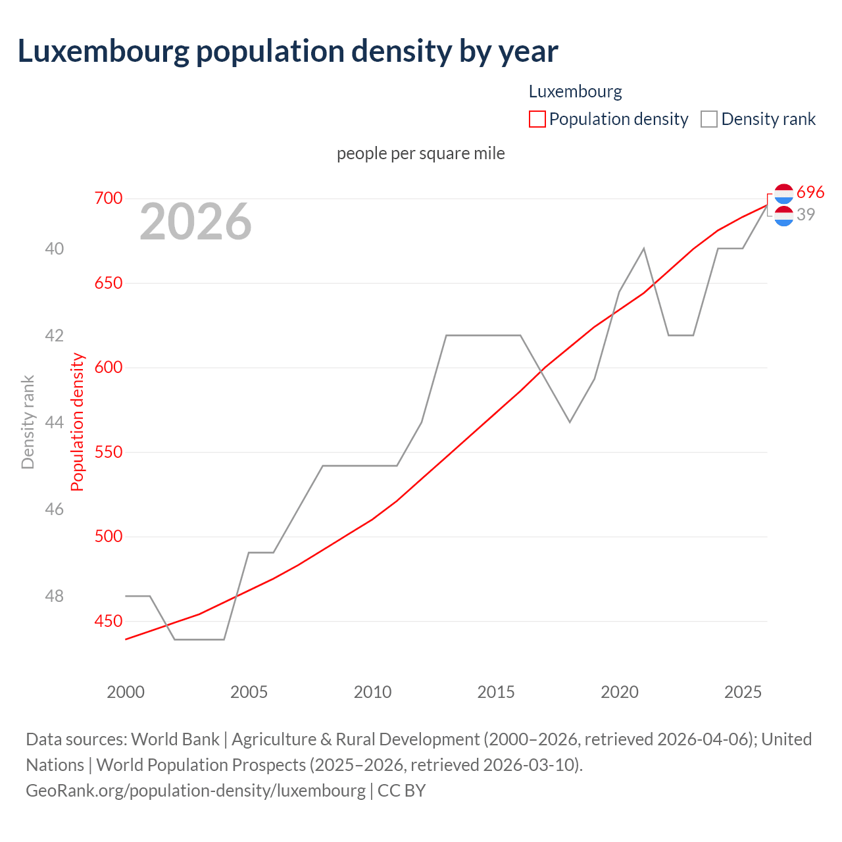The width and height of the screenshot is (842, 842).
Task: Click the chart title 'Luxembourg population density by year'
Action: [x=287, y=51]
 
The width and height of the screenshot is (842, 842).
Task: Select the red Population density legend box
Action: [x=537, y=119]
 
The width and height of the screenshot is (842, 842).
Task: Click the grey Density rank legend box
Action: [x=708, y=119]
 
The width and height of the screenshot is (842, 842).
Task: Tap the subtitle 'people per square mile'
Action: [x=420, y=153]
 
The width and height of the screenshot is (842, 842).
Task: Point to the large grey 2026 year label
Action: [x=195, y=222]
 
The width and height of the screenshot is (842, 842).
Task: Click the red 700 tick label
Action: [x=109, y=198]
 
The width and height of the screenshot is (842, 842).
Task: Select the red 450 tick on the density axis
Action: [x=109, y=621]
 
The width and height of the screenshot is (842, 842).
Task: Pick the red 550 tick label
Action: [x=109, y=452]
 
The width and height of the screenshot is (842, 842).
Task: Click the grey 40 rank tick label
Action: [x=54, y=249]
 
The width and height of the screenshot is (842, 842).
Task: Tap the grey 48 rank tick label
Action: [x=54, y=596]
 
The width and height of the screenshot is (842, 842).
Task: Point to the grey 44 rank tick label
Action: [x=54, y=422]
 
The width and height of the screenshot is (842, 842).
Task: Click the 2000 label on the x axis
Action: [x=126, y=692]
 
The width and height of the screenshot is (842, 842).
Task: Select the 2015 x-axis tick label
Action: [x=496, y=692]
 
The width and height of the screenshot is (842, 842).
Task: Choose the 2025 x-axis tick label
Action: [x=743, y=692]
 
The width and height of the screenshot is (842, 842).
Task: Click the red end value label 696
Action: [x=810, y=192]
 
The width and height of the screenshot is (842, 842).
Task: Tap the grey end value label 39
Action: [x=806, y=214]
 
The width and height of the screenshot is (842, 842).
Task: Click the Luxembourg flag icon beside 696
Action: [x=783, y=193]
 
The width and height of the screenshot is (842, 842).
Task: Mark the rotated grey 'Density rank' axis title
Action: [x=28, y=422]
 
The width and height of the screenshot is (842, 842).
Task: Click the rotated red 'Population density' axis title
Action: [x=78, y=422]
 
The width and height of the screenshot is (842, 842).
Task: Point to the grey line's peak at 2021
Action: [x=643, y=249]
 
